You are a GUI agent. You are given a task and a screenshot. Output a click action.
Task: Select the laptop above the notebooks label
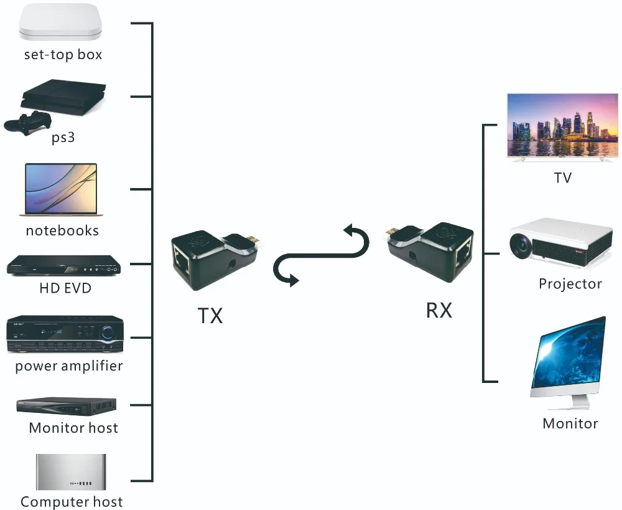click(x=61, y=190)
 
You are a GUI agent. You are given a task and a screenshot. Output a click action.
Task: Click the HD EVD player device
click(x=63, y=266)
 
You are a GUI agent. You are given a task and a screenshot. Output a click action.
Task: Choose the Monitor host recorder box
click(x=66, y=406)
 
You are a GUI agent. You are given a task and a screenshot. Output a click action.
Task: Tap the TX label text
click(x=210, y=316)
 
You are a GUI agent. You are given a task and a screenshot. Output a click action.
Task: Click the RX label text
click(x=439, y=309)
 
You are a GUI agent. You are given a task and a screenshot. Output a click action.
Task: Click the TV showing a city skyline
click(x=562, y=128)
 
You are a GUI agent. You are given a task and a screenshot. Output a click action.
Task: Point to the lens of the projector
click(x=521, y=245)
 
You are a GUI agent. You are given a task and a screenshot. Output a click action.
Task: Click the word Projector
click(x=570, y=284)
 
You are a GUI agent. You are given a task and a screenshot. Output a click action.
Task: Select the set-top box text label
click(x=63, y=55)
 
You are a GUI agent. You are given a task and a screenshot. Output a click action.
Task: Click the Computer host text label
click(x=72, y=501)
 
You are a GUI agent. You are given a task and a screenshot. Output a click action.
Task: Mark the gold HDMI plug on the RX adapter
click(x=391, y=233)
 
